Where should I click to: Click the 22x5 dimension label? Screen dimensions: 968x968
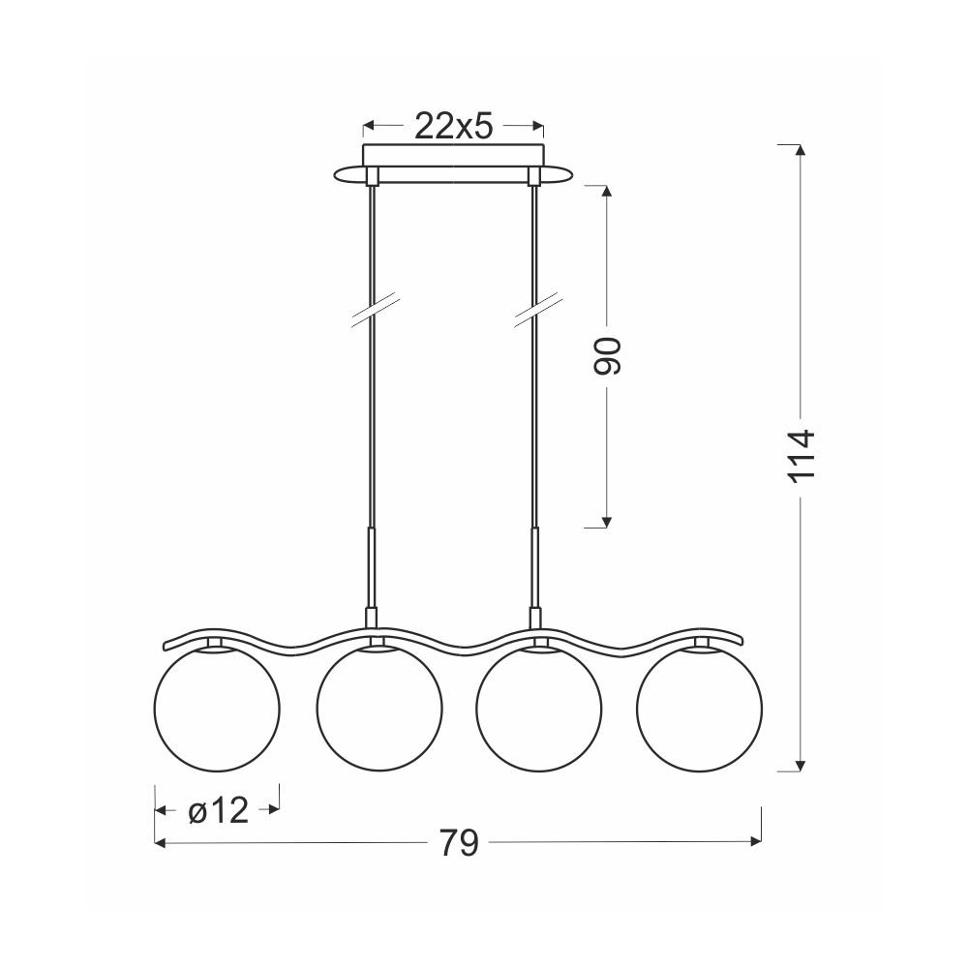point(453,126)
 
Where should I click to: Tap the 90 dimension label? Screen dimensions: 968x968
point(606,356)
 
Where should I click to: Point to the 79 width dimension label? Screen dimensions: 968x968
point(459,842)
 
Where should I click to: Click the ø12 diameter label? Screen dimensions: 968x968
point(218,810)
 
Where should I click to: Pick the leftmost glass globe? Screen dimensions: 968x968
point(216,708)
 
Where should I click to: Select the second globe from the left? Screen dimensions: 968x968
point(379,708)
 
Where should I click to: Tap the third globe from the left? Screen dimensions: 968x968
point(538,708)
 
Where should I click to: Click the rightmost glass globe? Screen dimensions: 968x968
point(699,708)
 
